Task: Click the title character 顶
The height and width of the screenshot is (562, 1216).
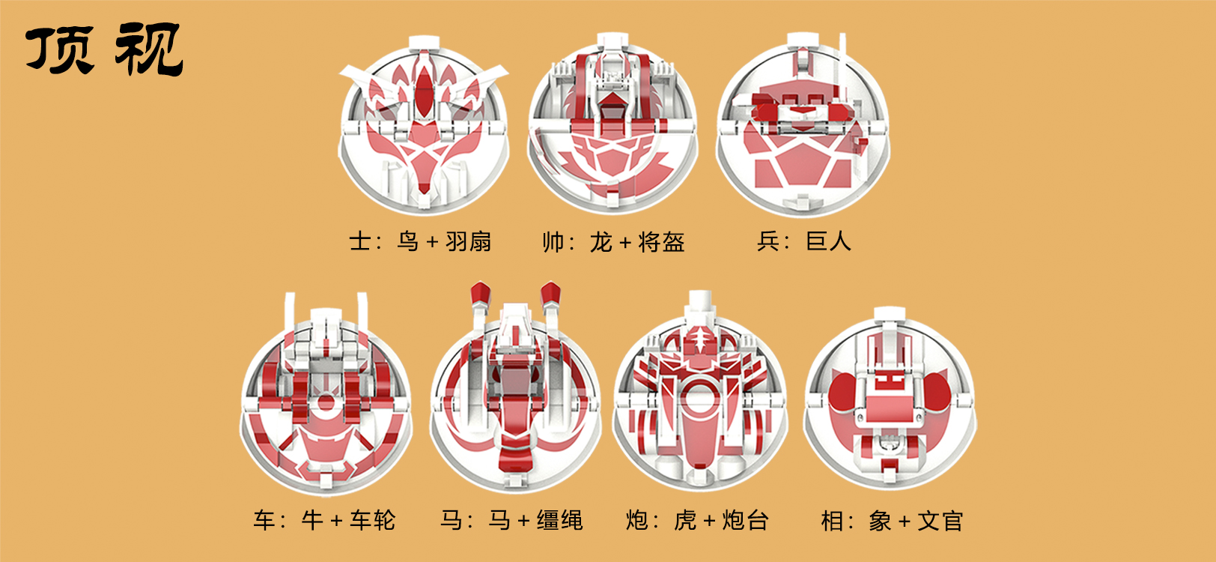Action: point(61,49)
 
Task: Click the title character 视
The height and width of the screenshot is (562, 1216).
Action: point(149,49)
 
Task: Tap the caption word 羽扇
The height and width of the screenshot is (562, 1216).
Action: point(469,242)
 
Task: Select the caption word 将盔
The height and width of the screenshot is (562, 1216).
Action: point(661,242)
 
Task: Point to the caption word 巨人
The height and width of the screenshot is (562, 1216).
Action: point(828,241)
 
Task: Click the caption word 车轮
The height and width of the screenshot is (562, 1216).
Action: point(372,520)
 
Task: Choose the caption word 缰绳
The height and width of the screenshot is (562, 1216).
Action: point(559,520)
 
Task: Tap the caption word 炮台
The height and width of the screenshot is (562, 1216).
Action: point(745,520)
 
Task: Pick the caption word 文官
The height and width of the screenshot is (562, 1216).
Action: point(940,520)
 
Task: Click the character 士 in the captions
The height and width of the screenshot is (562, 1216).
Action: point(360,242)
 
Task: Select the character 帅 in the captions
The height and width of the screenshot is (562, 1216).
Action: point(553,242)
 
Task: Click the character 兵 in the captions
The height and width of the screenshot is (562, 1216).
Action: point(769,241)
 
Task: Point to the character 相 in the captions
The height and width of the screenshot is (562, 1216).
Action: point(833,520)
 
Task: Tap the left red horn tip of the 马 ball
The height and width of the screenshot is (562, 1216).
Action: point(478,292)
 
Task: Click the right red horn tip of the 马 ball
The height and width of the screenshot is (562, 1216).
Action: point(551,292)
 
